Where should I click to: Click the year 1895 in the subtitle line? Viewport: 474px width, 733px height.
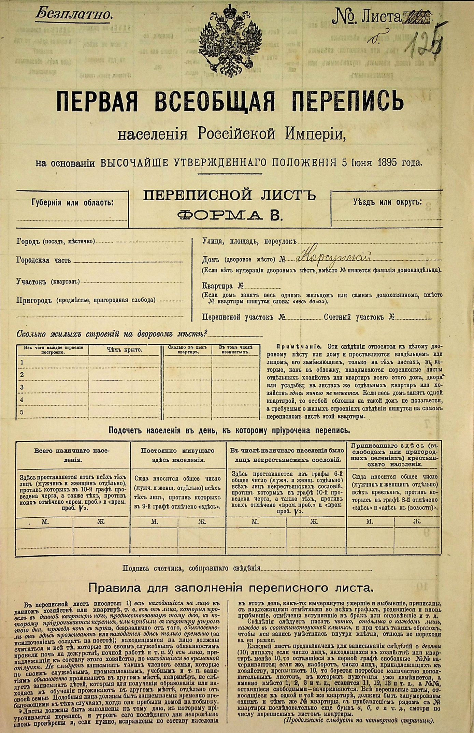pyautogui.click(x=387, y=162)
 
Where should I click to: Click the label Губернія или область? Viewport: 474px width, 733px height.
pyautogui.click(x=72, y=203)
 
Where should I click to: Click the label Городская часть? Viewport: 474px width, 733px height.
pyautogui.click(x=44, y=260)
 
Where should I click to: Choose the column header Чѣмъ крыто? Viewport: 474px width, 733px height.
pyautogui.click(x=124, y=350)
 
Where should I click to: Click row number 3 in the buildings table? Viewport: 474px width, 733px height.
pyautogui.click(x=22, y=387)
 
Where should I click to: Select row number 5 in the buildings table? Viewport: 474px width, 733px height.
pyautogui.click(x=22, y=412)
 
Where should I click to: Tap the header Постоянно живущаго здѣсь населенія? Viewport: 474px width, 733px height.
pyautogui.click(x=178, y=455)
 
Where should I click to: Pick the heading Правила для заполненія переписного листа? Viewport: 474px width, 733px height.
pyautogui.click(x=231, y=588)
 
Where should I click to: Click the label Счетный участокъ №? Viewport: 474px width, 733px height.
pyautogui.click(x=359, y=317)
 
